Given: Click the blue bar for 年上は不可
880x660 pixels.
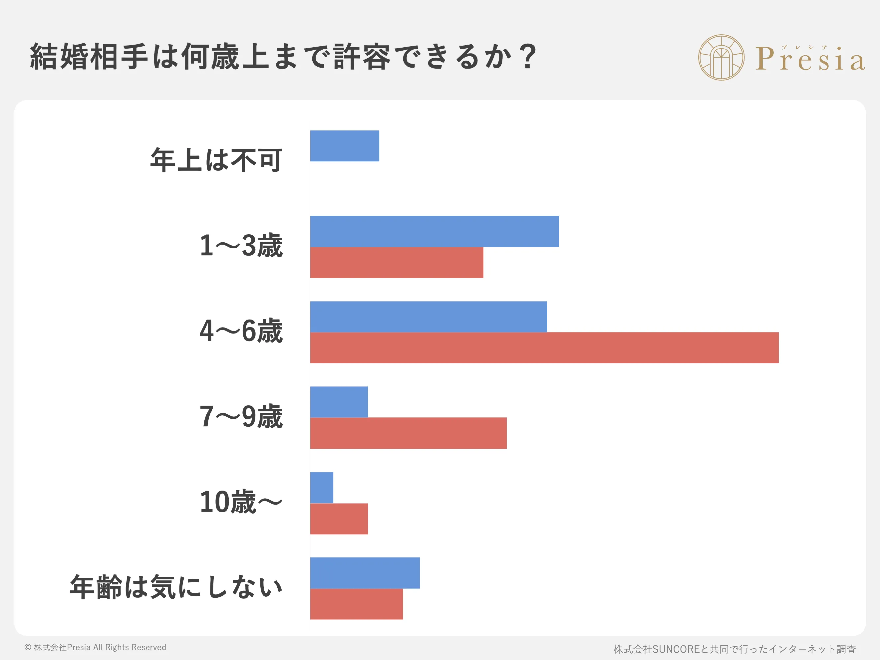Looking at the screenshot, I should [x=344, y=146].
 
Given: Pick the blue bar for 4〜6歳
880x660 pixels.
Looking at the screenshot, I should [x=429, y=317].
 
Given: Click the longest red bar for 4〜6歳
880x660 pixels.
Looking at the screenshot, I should [x=544, y=348].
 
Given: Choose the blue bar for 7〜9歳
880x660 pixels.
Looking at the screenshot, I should [x=339, y=402].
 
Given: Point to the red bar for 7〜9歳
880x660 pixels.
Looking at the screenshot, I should [x=408, y=433].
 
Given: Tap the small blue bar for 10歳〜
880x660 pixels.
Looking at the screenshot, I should [x=321, y=487].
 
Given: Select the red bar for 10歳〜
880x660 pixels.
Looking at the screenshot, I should [x=339, y=519].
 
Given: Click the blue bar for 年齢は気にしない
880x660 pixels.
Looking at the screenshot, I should [x=365, y=573].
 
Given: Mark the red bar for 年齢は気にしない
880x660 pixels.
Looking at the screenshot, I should [x=356, y=604].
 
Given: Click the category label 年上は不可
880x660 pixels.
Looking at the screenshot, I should [x=216, y=160].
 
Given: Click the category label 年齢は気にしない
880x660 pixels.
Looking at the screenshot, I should [x=176, y=587].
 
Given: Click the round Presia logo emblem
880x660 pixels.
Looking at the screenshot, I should [x=721, y=57].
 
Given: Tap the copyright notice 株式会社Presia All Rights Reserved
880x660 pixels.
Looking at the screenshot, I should [x=95, y=647].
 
